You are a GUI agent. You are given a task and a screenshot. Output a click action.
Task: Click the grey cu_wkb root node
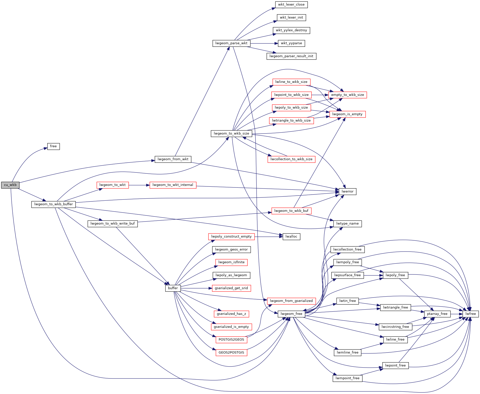10,185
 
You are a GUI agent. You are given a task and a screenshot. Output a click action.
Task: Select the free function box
53,146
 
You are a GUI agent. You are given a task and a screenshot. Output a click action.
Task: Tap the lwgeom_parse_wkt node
231,43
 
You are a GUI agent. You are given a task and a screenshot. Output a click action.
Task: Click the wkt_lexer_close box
291,5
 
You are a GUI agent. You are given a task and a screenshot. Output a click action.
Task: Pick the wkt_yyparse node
291,43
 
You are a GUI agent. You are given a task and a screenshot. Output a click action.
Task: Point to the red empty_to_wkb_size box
347,95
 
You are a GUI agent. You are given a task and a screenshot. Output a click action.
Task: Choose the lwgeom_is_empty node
347,114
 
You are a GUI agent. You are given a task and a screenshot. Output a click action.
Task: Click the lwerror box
347,192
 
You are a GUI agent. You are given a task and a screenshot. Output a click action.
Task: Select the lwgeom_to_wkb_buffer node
53,204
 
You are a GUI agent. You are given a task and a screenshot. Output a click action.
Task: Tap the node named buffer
173,288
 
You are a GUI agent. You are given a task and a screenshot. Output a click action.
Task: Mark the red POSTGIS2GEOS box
231,340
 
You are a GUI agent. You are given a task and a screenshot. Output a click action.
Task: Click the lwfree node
471,314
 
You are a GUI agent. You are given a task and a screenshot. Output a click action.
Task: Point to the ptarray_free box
437,314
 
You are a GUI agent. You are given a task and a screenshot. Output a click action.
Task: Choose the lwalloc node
291,237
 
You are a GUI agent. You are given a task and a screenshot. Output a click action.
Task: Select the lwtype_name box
347,224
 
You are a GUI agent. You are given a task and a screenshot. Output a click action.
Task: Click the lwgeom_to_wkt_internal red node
173,185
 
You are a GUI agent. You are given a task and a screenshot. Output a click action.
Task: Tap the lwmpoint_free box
347,378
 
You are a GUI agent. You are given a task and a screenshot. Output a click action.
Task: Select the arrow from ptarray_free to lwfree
456,314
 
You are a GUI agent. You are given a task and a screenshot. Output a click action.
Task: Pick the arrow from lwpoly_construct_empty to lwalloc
268,237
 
